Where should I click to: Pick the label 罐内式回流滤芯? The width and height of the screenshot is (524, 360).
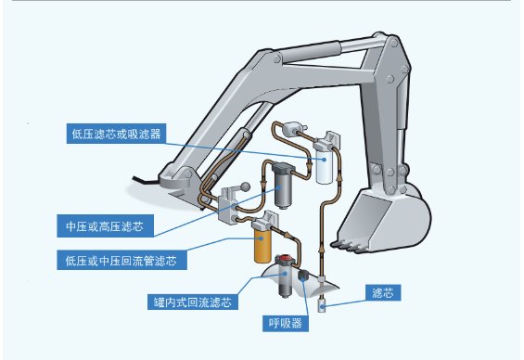[x=192, y=302]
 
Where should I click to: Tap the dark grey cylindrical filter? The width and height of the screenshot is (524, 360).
[x=283, y=191]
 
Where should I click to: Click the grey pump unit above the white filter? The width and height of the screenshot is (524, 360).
[x=296, y=129]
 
